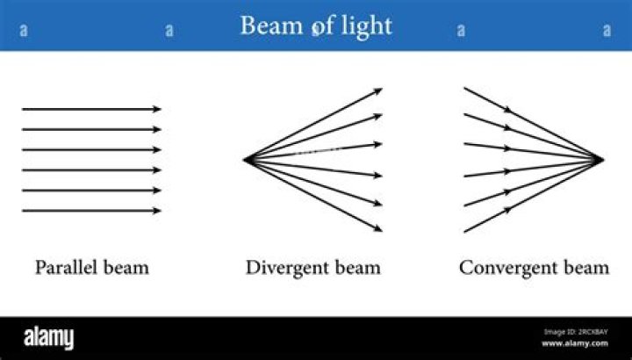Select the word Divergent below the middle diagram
coord(286,267)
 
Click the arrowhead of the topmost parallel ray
coord(158,109)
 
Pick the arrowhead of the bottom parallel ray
coord(158,211)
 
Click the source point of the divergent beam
coord(244,160)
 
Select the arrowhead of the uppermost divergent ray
coord(379,90)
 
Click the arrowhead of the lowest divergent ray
coord(379,230)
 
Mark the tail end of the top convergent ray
coord(464,88)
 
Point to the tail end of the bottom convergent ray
coord(464,232)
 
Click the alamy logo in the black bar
coord(48,338)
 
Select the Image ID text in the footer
coord(576,332)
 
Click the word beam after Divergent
coord(357,267)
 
